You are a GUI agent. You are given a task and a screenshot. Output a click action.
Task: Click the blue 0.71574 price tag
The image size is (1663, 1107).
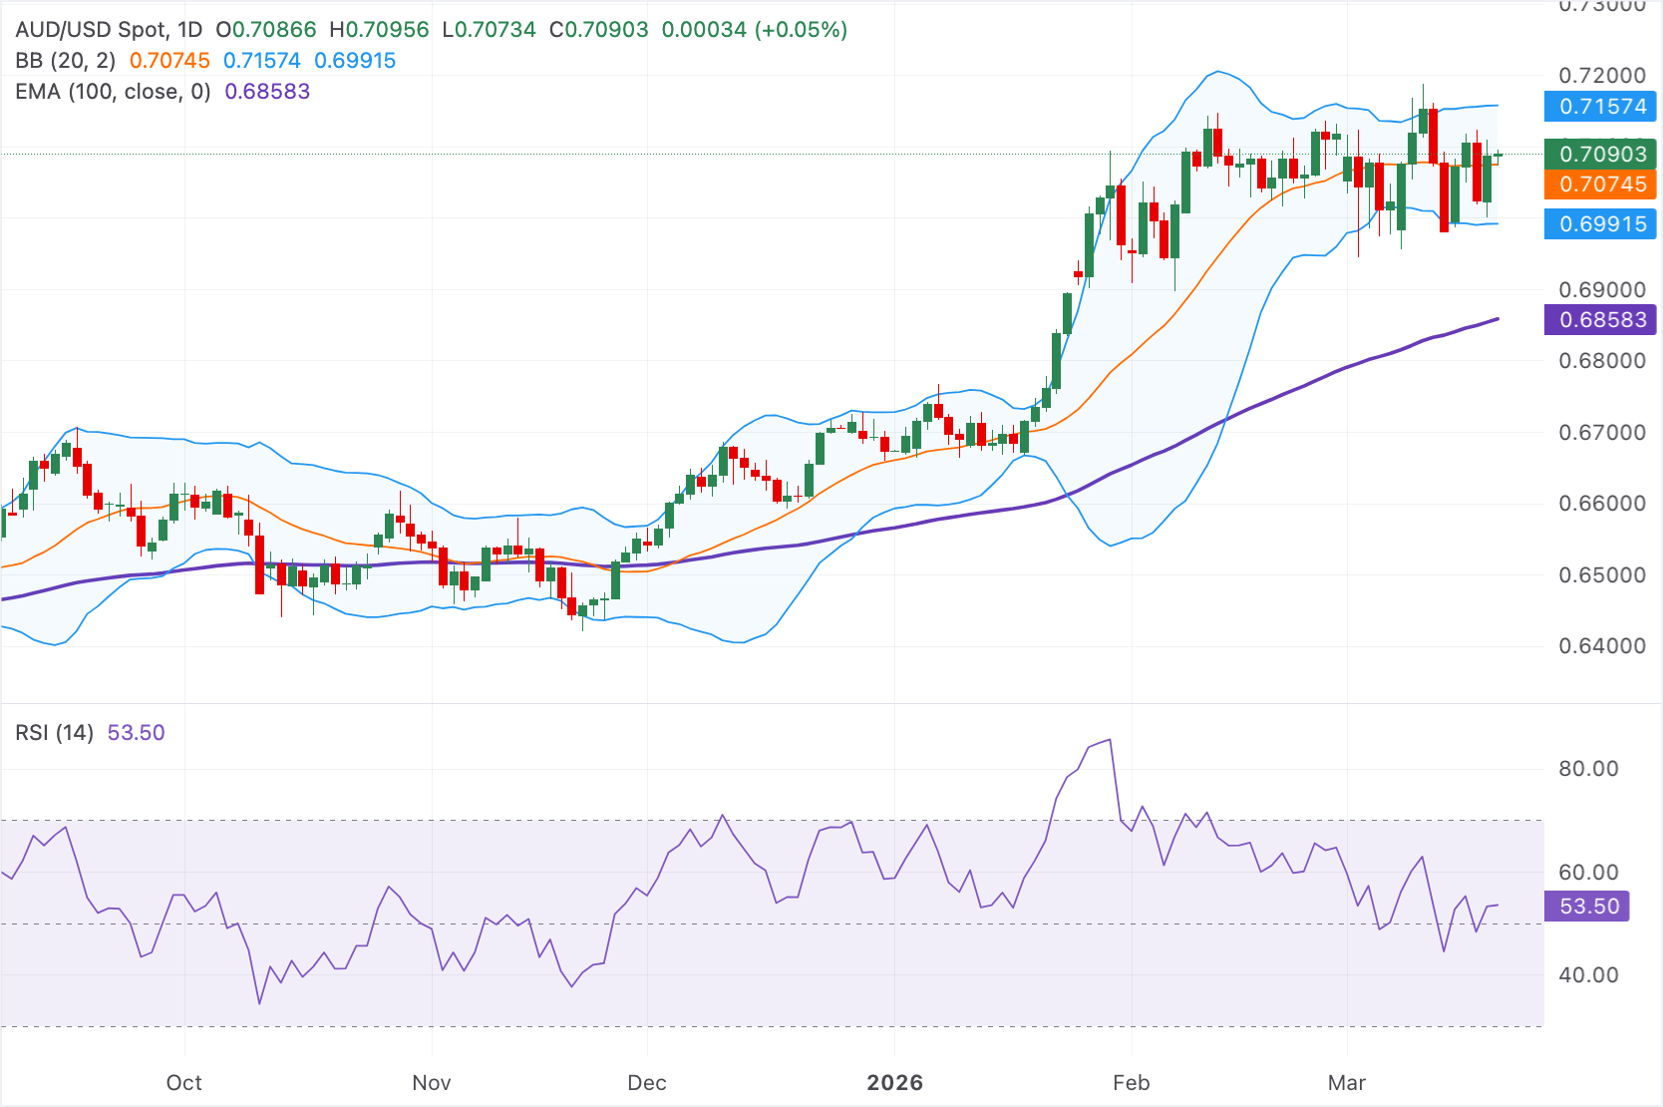(x=1601, y=107)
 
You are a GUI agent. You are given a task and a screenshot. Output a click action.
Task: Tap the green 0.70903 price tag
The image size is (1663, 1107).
(x=1601, y=155)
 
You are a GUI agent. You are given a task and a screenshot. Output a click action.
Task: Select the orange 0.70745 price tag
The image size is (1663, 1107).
(x=1601, y=184)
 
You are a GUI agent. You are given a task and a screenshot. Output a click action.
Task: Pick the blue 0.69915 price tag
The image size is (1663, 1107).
(x=1601, y=224)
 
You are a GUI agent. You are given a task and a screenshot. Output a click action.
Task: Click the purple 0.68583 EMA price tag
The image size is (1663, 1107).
(x=1601, y=320)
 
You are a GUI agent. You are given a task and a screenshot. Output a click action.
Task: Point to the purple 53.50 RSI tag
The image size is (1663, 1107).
(x=1588, y=907)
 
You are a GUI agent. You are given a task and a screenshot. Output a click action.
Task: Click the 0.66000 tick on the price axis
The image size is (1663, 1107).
(x=1601, y=504)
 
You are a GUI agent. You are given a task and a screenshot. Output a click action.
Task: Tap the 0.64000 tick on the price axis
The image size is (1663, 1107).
(x=1601, y=646)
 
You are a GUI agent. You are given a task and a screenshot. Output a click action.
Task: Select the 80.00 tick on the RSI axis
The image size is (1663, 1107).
(x=1588, y=769)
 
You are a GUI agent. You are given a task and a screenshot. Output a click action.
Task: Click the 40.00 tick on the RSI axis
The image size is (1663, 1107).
(x=1588, y=975)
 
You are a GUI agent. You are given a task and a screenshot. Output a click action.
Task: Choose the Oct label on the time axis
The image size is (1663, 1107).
(x=183, y=1083)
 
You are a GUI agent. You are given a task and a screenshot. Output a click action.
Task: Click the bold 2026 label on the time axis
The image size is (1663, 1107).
(x=894, y=1083)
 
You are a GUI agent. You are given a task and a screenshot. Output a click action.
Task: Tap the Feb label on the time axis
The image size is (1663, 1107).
(x=1131, y=1083)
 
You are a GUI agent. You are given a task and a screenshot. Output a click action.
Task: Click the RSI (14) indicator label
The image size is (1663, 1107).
(x=54, y=733)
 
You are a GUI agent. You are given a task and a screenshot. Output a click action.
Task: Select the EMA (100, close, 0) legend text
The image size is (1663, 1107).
(x=113, y=92)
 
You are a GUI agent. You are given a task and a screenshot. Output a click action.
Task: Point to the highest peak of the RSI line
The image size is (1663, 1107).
(x=1110, y=741)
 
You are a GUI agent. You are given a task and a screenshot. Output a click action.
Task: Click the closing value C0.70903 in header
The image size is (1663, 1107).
(x=598, y=30)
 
